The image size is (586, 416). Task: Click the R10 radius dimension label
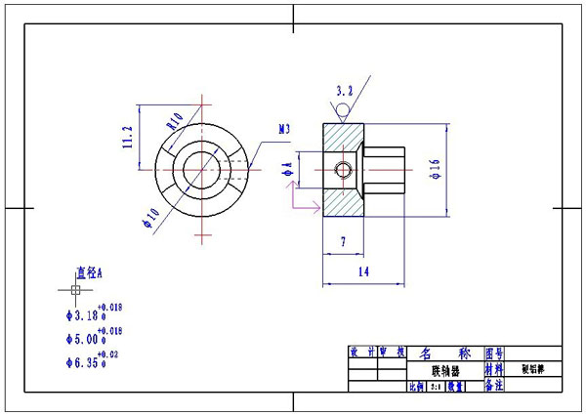pyautogui.click(x=175, y=123)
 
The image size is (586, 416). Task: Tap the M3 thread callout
pyautogui.click(x=284, y=128)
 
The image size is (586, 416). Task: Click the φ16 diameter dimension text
pyautogui.click(x=434, y=171)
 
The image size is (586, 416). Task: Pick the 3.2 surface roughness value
pyautogui.click(x=344, y=91)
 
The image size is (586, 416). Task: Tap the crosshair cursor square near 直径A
pyautogui.click(x=75, y=290)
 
